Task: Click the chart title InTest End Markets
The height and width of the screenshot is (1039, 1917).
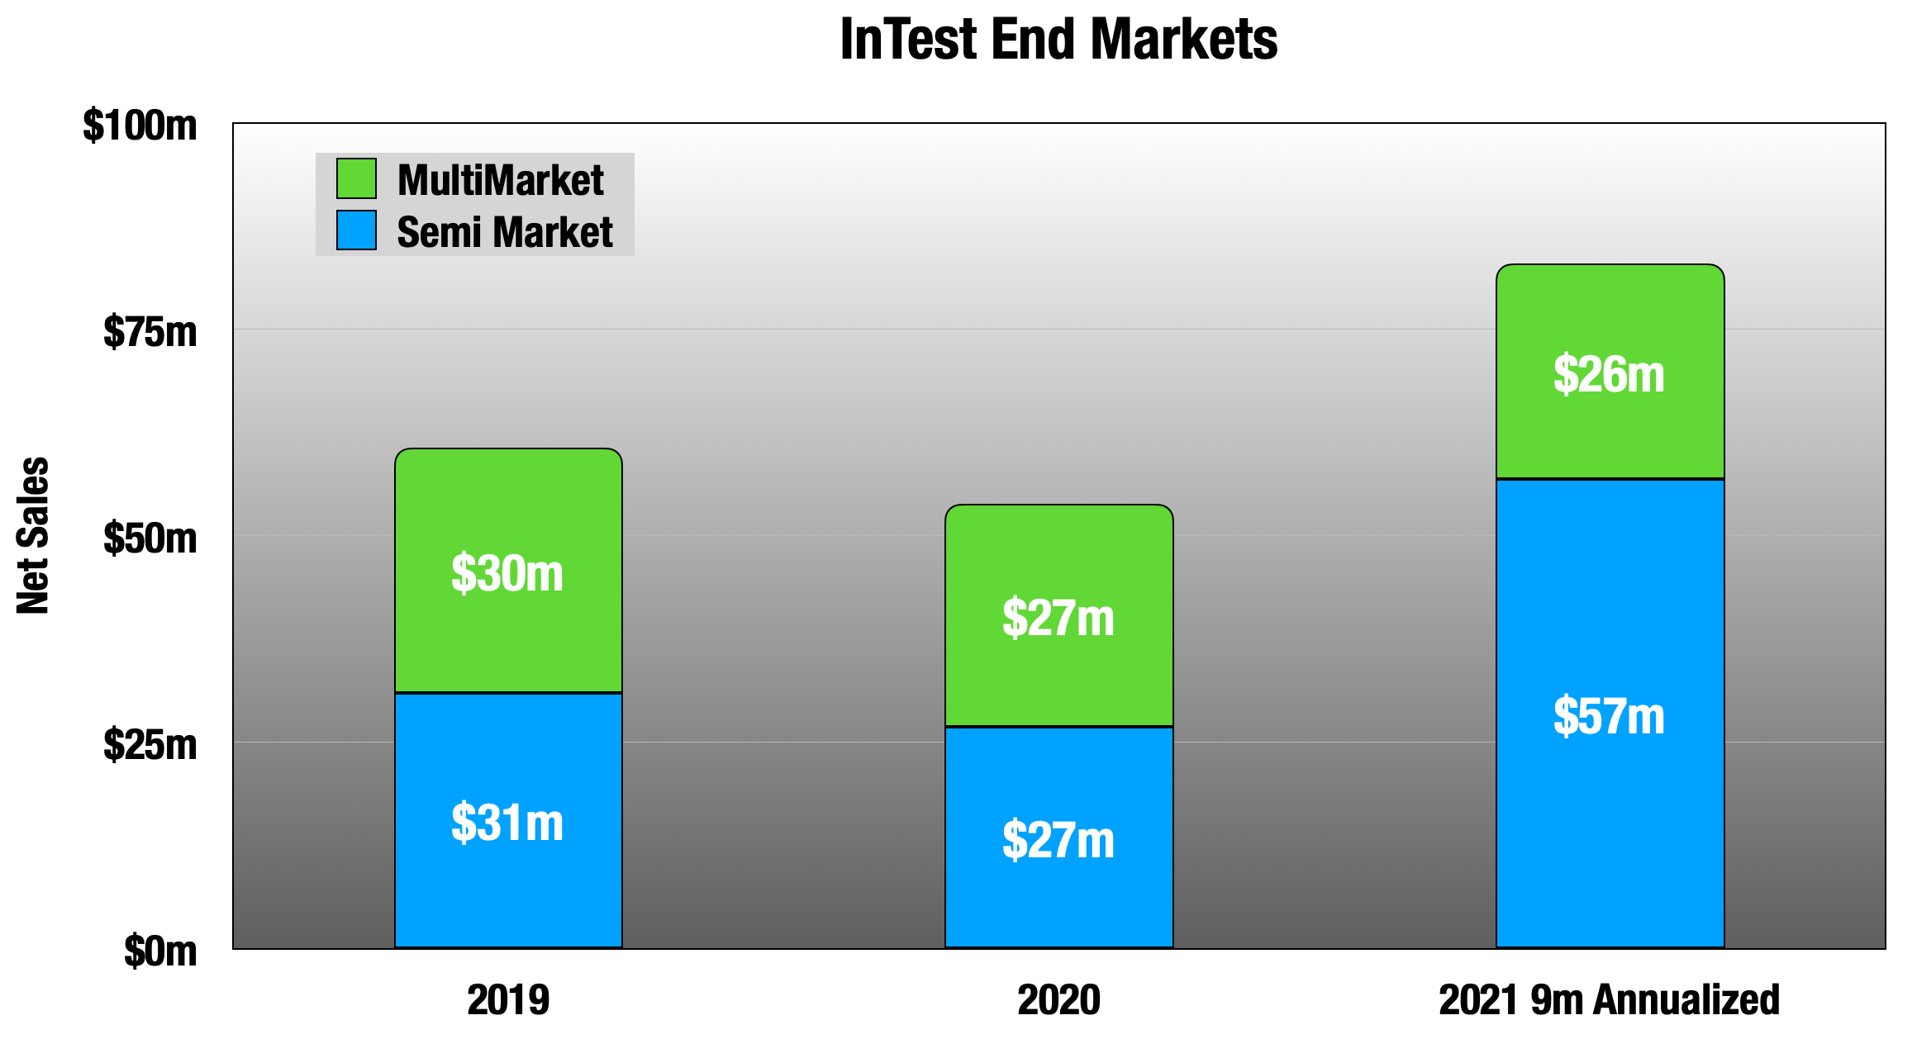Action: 1058,40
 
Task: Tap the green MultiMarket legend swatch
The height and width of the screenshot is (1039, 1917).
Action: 356,178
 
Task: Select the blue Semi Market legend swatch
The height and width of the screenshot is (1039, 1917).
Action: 356,230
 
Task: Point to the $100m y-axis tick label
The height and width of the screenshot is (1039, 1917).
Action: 140,126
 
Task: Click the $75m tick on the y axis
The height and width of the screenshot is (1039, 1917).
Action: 150,332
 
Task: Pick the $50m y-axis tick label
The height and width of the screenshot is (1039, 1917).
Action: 150,538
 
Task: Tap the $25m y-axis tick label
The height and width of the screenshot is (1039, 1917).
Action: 150,745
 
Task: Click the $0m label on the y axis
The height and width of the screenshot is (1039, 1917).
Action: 160,951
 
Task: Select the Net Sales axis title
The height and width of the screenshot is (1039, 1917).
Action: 33,535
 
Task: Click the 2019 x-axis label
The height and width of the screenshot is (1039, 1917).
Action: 508,1000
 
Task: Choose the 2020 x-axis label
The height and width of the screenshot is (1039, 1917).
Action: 1058,1000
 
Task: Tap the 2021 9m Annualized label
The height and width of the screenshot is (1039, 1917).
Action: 1609,1000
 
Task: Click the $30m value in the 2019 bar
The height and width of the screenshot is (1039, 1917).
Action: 507,573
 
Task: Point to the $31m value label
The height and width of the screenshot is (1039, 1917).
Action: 507,823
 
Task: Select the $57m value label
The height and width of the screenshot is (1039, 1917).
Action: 1609,716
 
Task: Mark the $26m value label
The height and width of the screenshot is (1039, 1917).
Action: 1609,374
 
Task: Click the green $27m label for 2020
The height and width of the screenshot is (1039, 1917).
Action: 1058,618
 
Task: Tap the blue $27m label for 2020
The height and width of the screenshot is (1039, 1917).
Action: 1058,840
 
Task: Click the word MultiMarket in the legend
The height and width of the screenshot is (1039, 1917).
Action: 500,180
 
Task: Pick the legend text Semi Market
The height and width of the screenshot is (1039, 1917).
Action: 504,232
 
